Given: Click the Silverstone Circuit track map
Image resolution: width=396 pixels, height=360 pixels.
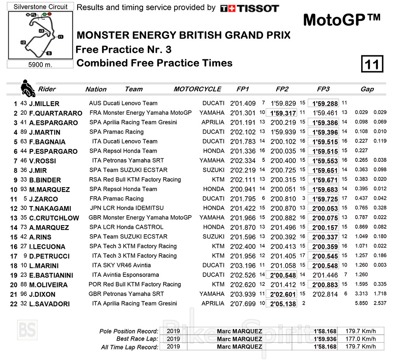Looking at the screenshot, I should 41,35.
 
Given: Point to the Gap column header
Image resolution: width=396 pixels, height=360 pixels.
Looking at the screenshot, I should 367,89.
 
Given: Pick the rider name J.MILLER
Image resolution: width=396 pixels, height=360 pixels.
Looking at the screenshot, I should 44,104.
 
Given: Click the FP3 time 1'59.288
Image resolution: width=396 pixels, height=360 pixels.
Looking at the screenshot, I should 325,104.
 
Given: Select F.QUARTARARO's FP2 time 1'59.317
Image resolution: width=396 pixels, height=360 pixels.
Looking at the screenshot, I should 284,113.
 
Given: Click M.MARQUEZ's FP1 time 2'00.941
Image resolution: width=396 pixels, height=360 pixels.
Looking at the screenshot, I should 243,189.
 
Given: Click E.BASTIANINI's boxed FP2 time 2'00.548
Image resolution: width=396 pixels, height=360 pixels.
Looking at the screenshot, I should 284,275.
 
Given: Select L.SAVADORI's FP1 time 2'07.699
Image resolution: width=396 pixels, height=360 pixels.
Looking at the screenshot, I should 243,303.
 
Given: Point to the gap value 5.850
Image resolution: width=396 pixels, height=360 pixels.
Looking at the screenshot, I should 362,303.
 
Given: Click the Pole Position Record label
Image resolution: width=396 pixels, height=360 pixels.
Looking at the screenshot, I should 129,331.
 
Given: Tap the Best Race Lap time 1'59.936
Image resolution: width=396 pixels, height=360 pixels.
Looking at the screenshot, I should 325,339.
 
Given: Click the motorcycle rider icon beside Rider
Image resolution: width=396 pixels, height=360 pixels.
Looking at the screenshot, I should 28,88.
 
